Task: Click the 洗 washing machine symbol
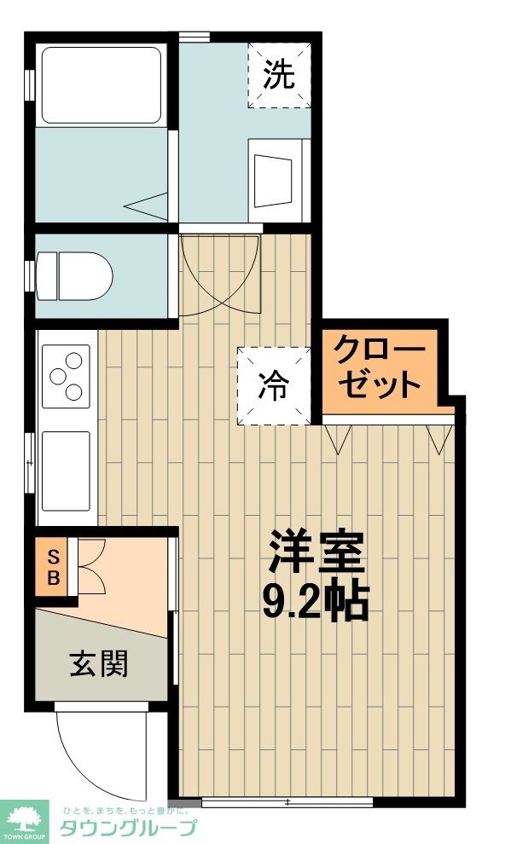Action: [x=279, y=76]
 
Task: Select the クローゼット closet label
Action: [x=379, y=367]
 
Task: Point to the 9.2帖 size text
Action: [x=315, y=602]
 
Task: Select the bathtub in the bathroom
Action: [x=101, y=85]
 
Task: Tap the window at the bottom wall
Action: [x=287, y=801]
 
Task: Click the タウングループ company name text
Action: [x=128, y=827]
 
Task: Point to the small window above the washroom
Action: [x=194, y=36]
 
